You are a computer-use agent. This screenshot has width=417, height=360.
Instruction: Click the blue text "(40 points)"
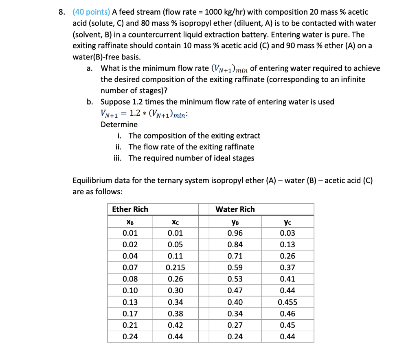point(89,13)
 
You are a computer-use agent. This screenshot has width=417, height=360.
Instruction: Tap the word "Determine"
point(119,124)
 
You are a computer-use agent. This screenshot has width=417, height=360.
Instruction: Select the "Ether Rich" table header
point(130,209)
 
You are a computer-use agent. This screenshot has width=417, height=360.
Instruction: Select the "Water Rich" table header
point(235,209)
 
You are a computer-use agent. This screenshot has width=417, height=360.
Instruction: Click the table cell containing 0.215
point(175,268)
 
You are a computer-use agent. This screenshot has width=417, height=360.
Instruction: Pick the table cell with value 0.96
point(235,233)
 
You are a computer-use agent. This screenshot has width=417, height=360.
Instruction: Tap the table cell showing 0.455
point(288,302)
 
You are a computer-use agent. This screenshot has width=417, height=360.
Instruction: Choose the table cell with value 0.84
point(235,245)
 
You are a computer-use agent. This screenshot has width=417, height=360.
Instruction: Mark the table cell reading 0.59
point(235,268)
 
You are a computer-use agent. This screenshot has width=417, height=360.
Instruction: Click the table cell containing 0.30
point(175,290)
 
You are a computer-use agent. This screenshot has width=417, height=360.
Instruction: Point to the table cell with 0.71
point(235,256)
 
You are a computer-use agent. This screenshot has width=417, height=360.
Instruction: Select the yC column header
point(288,222)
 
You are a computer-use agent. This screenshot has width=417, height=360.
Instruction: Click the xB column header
point(130,222)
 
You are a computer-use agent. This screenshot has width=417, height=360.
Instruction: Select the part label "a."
point(90,68)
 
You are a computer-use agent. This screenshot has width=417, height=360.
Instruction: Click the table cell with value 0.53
point(235,279)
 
